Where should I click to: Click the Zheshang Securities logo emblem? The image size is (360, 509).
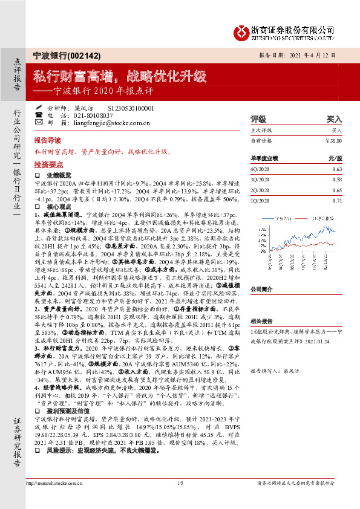[241, 32]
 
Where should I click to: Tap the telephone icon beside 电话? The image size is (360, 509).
[39, 114]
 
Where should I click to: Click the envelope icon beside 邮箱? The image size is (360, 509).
[39, 122]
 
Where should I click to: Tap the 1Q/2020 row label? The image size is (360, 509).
[260, 200]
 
